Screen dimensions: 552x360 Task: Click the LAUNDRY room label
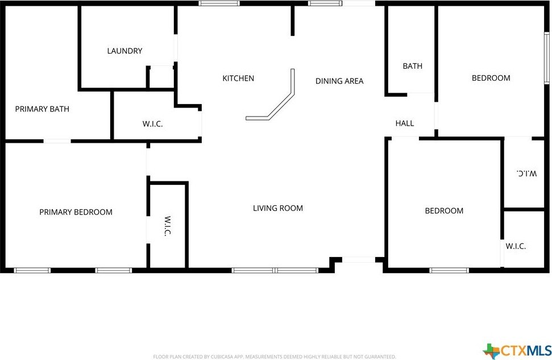tap(124, 51)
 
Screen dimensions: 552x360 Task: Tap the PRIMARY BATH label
tap(42, 109)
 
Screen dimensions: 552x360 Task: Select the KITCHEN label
tap(238, 78)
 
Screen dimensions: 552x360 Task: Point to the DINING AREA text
tap(339, 81)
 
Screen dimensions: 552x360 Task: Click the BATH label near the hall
tap(412, 66)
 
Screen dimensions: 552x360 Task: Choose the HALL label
tap(405, 123)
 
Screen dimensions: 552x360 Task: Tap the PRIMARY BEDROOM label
tap(76, 212)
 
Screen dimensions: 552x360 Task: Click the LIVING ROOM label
tap(278, 208)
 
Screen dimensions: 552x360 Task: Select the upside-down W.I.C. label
tap(526, 173)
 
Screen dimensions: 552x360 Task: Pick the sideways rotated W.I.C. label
tap(168, 226)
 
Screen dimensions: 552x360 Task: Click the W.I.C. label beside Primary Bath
tap(152, 124)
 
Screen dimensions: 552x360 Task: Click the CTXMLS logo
tap(517, 351)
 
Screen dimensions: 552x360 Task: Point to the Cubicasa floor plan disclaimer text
tap(274, 357)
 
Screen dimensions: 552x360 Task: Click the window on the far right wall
tap(547, 58)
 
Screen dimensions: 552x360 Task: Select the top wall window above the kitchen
tap(219, 3)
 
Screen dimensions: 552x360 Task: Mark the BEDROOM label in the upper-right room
tap(491, 78)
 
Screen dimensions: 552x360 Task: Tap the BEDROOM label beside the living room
tap(444, 210)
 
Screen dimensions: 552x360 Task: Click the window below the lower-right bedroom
tap(449, 271)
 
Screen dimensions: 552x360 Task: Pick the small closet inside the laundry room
tap(161, 76)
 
